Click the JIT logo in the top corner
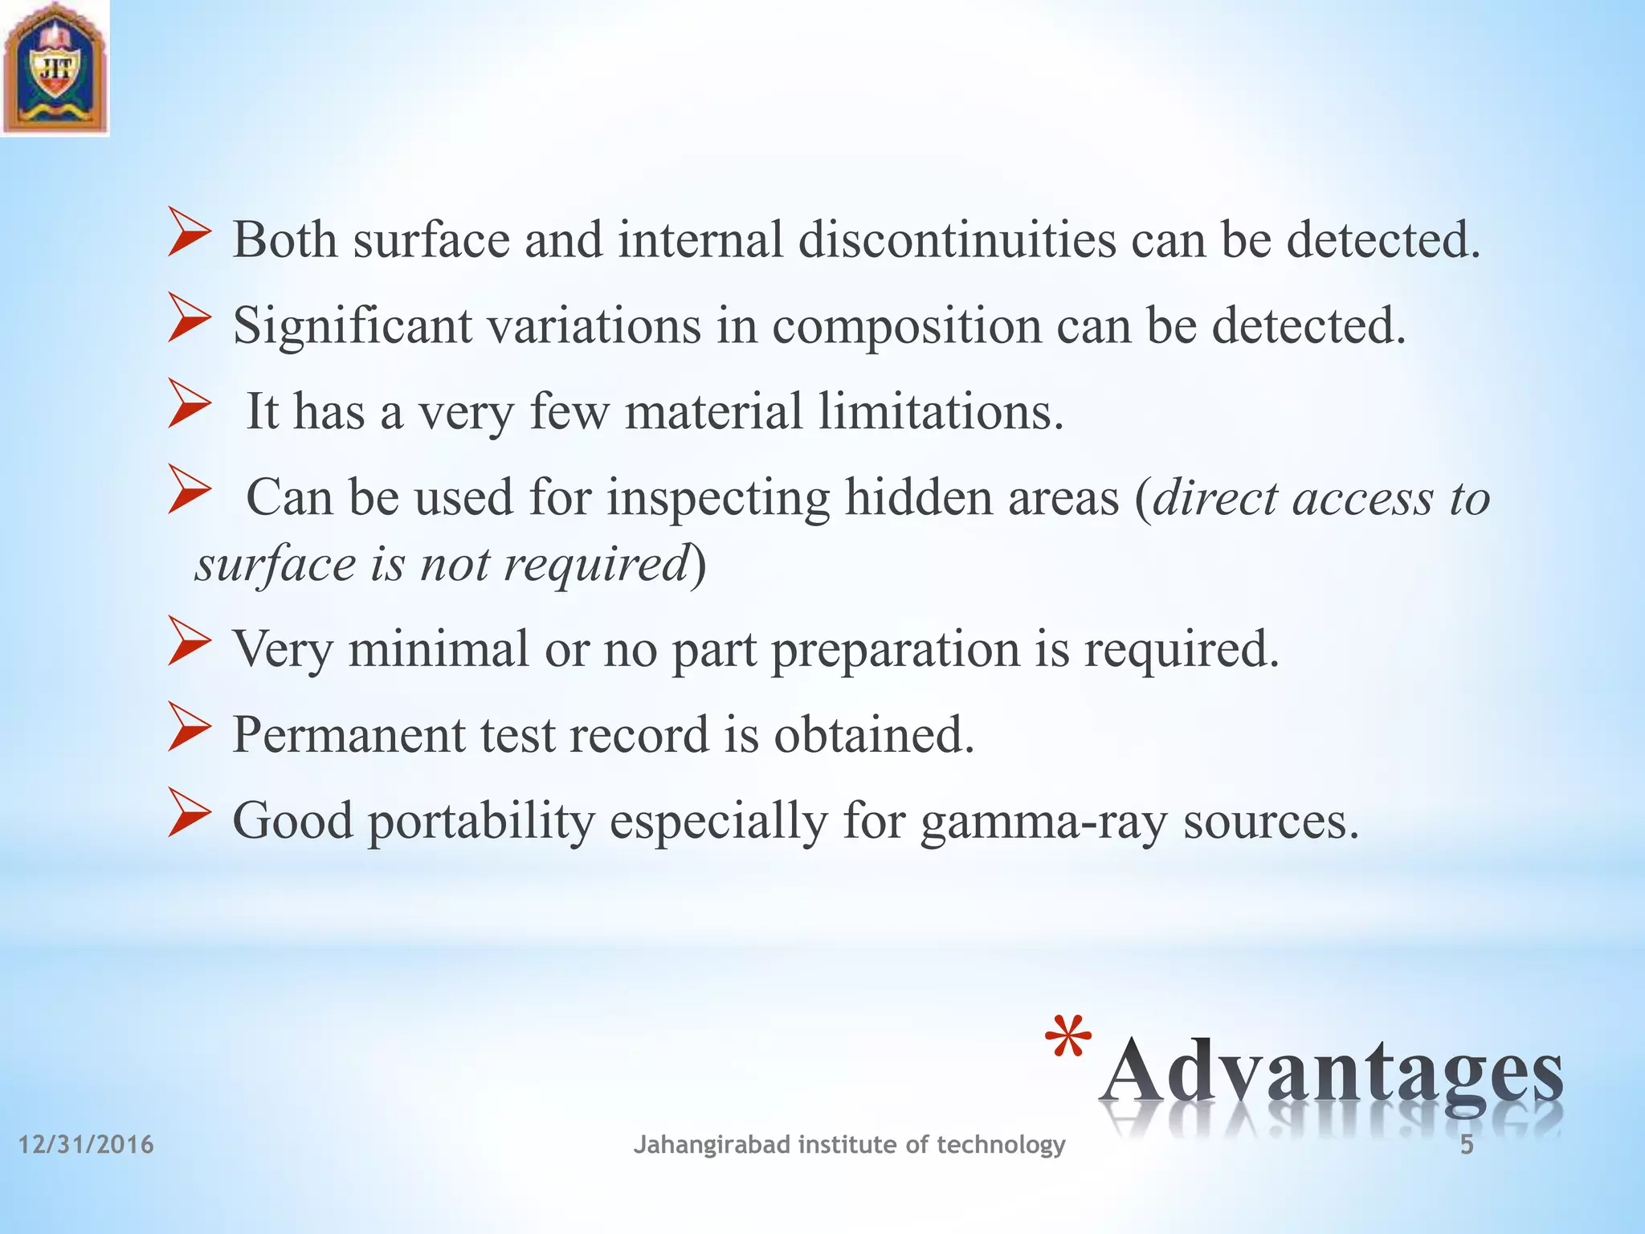pyautogui.click(x=55, y=68)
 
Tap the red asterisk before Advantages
pyautogui.click(x=1069, y=1041)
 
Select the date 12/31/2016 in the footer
pyautogui.click(x=86, y=1144)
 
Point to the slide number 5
pyautogui.click(x=1467, y=1145)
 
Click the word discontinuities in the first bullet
pyautogui.click(x=957, y=239)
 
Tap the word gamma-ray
pyautogui.click(x=1043, y=822)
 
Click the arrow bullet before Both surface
pyautogui.click(x=189, y=233)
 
